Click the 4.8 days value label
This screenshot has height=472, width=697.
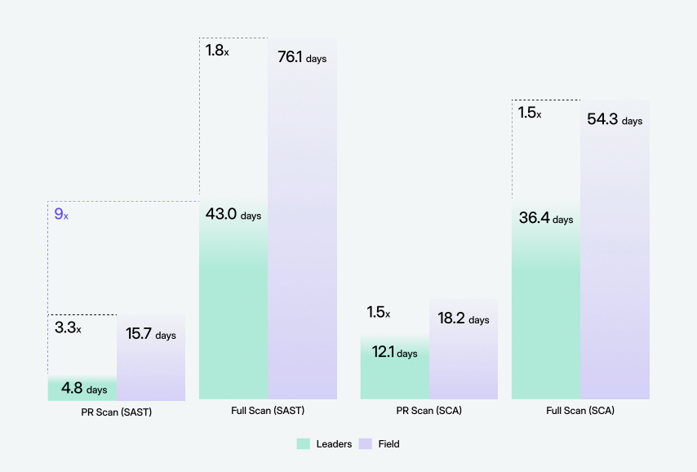pos(83,389)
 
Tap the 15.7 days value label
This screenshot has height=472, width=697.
pos(151,334)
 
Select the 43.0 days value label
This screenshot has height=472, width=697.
pos(233,215)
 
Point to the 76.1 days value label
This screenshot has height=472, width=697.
pos(302,58)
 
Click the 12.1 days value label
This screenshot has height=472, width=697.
pos(394,352)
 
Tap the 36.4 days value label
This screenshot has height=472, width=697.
pos(546,218)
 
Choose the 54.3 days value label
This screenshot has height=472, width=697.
pos(615,119)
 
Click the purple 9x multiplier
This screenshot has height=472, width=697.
pos(61,215)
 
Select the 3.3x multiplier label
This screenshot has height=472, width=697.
pos(68,328)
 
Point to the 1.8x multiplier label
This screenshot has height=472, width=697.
pos(216,51)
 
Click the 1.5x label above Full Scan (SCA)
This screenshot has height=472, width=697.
pos(530,113)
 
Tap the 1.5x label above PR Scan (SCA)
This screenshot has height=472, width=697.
pos(379,313)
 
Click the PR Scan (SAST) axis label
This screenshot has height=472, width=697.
pos(117,412)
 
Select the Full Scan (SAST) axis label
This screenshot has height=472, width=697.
pos(268,411)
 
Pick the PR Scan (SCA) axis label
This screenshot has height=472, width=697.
pos(429,411)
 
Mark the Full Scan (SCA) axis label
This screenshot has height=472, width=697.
pos(580,411)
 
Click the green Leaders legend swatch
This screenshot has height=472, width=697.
pos(303,444)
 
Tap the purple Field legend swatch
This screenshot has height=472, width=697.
pos(366,444)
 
